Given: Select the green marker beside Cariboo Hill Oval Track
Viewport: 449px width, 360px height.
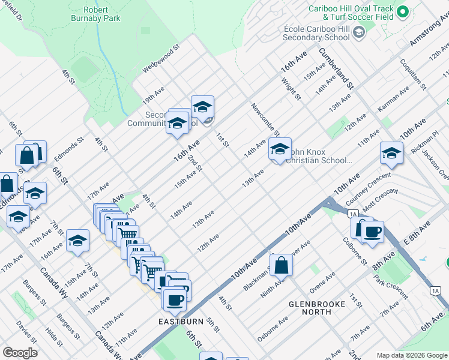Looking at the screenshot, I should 403,12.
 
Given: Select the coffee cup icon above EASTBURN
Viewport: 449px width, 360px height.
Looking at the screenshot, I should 175,299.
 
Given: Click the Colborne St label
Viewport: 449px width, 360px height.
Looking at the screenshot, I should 355,253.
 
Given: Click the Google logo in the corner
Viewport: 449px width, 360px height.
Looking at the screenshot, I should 19,352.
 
